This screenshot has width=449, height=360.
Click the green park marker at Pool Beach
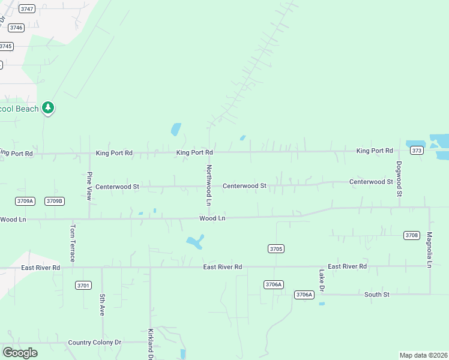(x=48, y=109)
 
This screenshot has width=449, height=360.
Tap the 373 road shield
(x=418, y=151)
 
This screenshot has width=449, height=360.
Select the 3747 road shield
(x=26, y=9)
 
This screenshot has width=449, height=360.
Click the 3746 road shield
(x=16, y=28)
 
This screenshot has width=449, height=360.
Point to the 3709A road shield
(x=25, y=201)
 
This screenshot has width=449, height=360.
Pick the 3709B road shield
(x=54, y=201)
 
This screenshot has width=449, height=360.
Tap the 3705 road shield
(x=276, y=248)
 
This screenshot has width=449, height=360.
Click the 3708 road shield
(x=411, y=235)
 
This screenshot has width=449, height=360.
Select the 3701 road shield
(x=83, y=285)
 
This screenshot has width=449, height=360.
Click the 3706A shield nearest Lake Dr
(x=304, y=294)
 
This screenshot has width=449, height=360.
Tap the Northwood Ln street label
(x=209, y=185)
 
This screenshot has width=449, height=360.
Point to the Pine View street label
(x=89, y=185)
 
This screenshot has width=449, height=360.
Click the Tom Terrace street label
(x=73, y=243)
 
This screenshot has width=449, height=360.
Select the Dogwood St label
(x=399, y=179)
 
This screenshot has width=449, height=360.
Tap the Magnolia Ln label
(x=430, y=250)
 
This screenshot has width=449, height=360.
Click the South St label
(x=377, y=295)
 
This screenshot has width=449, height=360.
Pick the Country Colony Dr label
(x=95, y=343)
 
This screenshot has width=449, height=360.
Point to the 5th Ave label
(x=103, y=305)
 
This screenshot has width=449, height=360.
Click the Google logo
(x=20, y=353)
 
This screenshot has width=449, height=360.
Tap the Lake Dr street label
(x=322, y=281)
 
